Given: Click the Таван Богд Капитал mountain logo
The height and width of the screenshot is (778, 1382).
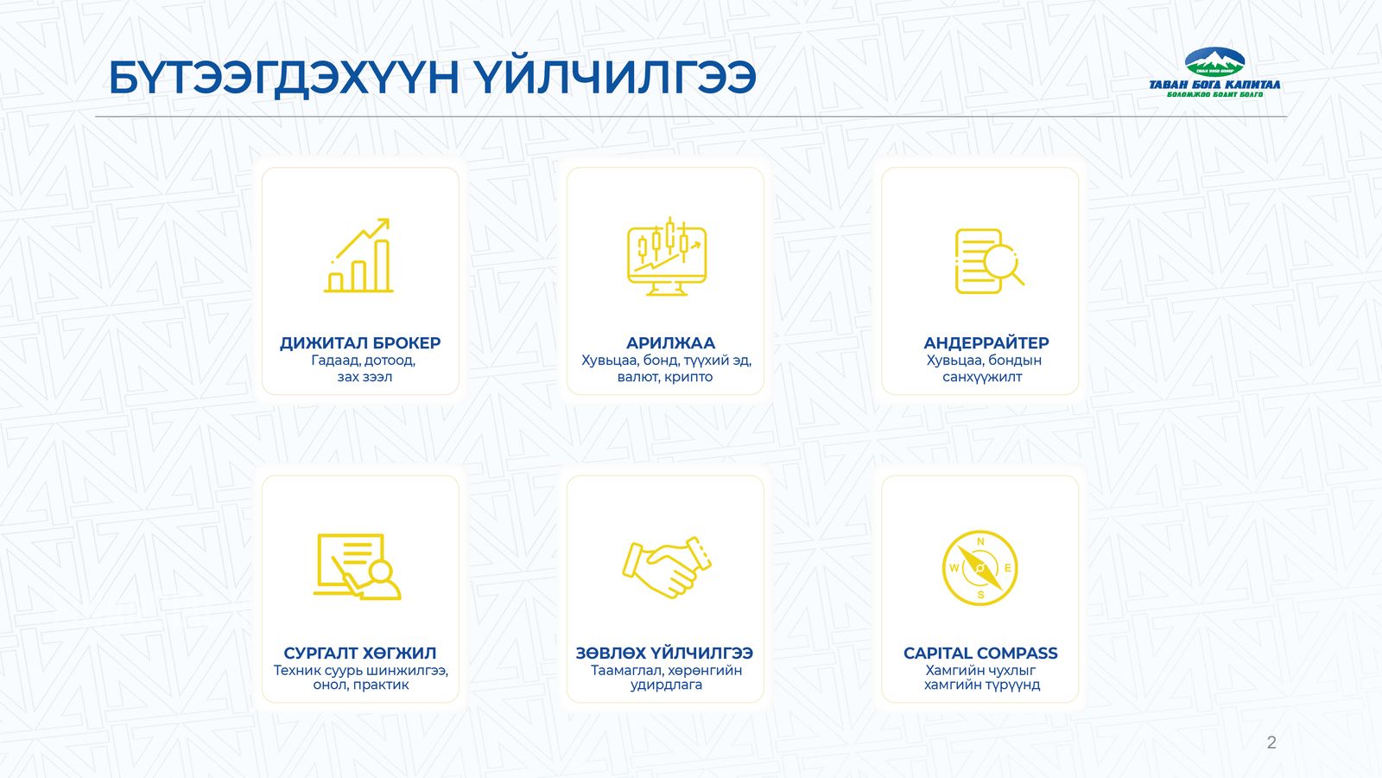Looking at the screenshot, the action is pyautogui.click(x=1214, y=73).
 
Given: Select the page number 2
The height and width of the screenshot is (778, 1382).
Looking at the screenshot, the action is pyautogui.click(x=1271, y=743).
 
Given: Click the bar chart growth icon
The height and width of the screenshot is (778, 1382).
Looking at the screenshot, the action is pyautogui.click(x=358, y=255).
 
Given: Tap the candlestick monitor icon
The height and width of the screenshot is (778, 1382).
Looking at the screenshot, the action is pyautogui.click(x=666, y=256).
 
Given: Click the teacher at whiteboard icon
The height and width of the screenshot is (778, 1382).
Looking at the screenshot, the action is pyautogui.click(x=358, y=566).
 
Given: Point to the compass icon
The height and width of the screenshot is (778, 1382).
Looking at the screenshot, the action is pyautogui.click(x=979, y=567).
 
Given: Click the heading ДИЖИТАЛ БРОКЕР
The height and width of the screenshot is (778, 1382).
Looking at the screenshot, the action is pyautogui.click(x=360, y=343).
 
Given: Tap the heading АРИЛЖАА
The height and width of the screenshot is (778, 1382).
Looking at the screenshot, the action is pyautogui.click(x=670, y=343).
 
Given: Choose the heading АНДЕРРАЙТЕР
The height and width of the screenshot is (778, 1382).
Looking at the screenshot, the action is pyautogui.click(x=986, y=342).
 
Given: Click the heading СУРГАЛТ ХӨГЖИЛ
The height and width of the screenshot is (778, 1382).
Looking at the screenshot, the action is pyautogui.click(x=359, y=654).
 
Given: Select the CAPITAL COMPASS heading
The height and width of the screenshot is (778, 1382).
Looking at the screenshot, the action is pyautogui.click(x=980, y=654).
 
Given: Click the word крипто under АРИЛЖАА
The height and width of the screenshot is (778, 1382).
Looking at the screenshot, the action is pyautogui.click(x=688, y=377).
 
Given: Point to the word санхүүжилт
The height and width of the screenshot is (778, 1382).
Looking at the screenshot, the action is pyautogui.click(x=982, y=377).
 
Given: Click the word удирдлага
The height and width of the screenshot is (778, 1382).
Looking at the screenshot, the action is pyautogui.click(x=666, y=686).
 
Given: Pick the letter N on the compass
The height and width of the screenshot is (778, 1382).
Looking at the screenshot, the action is pyautogui.click(x=979, y=542).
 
